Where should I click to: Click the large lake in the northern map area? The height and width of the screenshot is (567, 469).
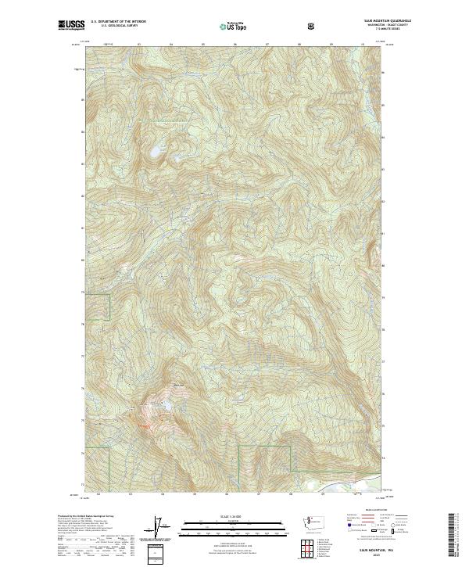tap(156, 150)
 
